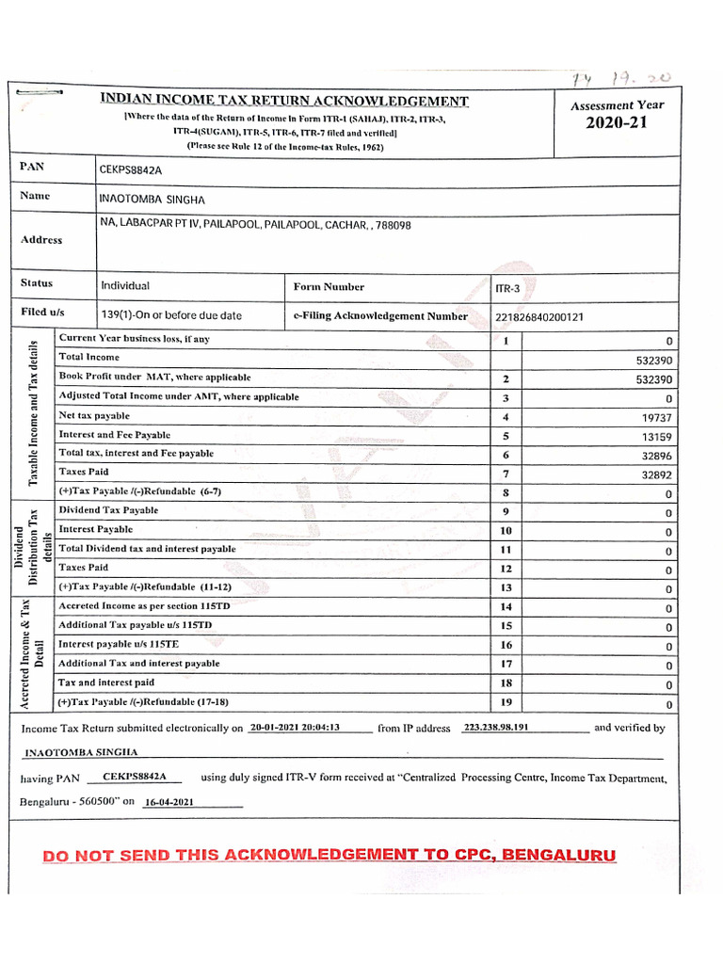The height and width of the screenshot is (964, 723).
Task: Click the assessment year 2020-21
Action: [618, 123]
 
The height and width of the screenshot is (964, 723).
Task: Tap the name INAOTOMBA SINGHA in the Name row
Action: [152, 201]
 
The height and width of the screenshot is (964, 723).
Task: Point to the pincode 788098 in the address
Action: [394, 226]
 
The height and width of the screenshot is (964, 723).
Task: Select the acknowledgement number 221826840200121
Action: [539, 317]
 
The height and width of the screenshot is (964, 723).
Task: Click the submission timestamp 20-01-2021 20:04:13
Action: [295, 728]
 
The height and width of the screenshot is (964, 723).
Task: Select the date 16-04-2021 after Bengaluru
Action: [169, 802]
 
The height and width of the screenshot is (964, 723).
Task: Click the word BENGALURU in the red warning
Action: [559, 855]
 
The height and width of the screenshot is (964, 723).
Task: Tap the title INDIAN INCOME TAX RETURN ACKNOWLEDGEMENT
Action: [284, 102]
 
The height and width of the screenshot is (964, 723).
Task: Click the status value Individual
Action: [125, 286]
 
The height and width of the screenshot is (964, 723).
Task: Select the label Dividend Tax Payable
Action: [108, 510]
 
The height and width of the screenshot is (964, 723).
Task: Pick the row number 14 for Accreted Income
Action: [506, 607]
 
